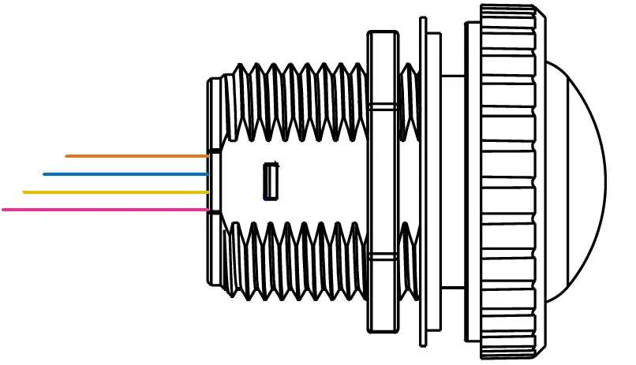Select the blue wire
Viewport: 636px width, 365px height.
coord(126,174)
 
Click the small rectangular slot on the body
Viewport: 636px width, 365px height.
coord(271,181)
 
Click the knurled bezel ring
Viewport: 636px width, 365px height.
coord(508,182)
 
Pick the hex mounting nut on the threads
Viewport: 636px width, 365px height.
coord(383,182)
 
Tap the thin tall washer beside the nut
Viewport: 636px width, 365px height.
coord(423,182)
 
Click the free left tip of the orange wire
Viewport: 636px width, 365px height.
coord(67,156)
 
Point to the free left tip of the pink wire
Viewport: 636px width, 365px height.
coord(5,210)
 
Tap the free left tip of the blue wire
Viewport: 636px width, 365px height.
coord(45,174)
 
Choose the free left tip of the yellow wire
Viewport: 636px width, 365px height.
coord(25,192)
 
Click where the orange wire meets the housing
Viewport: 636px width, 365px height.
coord(208,156)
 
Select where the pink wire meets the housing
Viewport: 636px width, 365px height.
coord(208,210)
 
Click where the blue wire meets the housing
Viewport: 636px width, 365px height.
coord(208,174)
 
